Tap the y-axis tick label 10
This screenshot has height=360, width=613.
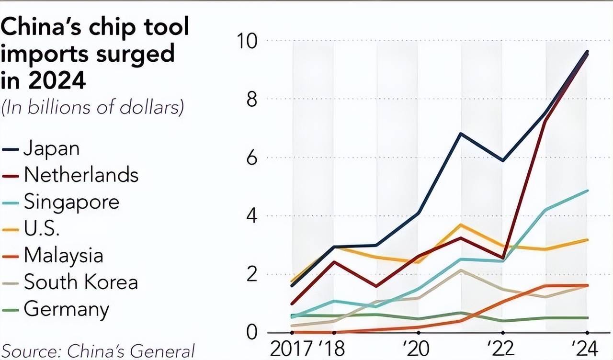[247, 41]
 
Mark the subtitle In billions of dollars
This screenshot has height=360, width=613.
[93, 107]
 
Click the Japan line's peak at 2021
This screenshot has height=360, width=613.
[460, 133]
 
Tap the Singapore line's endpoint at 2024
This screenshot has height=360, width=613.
[588, 191]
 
